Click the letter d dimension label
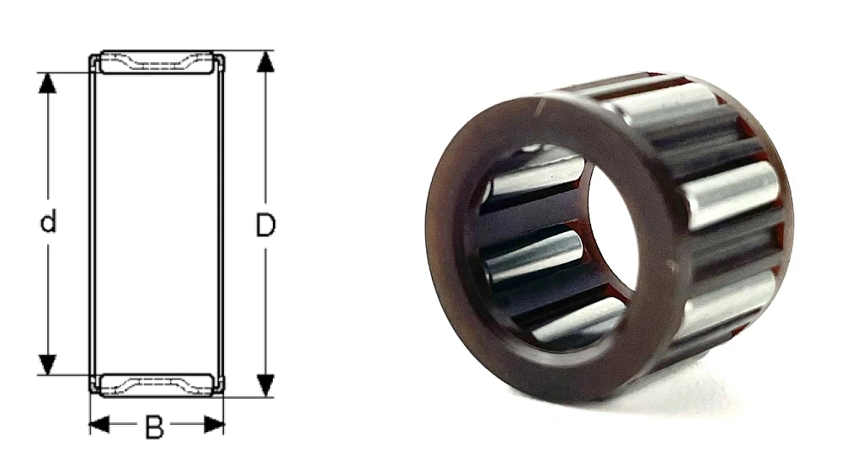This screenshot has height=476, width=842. coord(48,222)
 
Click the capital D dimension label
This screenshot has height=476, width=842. coord(265,225)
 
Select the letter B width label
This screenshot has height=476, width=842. coord(155,428)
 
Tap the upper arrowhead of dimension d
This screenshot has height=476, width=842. coord(48,82)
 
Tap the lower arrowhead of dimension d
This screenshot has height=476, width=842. coord(48,364)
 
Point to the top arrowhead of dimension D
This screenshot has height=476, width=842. coord(265,61)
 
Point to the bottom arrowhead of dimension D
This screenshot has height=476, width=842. coord(265,386)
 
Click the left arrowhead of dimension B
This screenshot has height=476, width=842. coord(99,426)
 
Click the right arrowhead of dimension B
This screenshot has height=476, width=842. coord(214,426)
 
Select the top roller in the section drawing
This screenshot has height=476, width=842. coord(157,62)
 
